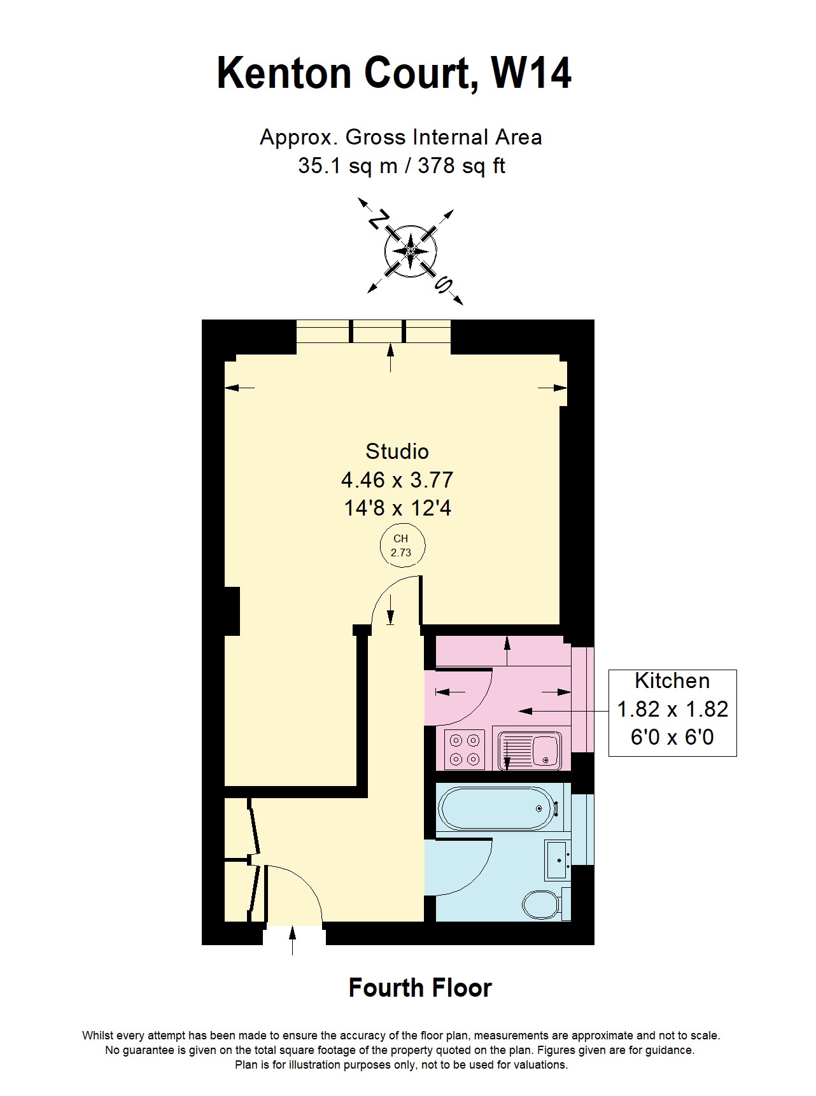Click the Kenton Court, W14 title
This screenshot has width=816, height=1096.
tap(394, 74)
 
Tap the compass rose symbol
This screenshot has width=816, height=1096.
tap(411, 251)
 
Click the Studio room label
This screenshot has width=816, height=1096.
tap(397, 451)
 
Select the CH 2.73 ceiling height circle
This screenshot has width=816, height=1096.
tap(401, 546)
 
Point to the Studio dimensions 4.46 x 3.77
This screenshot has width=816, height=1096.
tap(397, 479)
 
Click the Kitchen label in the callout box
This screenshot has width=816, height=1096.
tap(672, 681)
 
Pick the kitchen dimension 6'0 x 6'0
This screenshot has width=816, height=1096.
tap(672, 738)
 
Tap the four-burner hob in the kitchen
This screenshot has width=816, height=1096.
tap(465, 750)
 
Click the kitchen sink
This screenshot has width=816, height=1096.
tap(530, 750)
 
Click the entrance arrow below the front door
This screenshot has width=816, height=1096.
tap(293, 941)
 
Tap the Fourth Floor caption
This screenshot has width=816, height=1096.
tap(420, 988)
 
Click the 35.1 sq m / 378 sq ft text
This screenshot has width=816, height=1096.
tap(402, 166)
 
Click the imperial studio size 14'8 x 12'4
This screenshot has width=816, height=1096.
tap(397, 508)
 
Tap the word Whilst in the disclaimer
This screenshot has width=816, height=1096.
tap(97, 1036)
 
